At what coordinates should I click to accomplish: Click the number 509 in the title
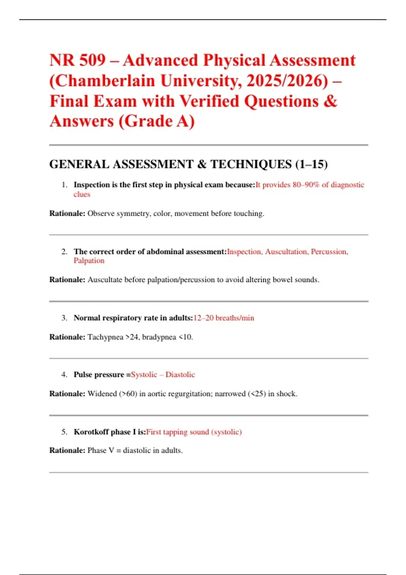tap(92, 61)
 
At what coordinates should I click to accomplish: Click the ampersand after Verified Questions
tap(330, 101)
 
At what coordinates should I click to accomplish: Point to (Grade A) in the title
tap(157, 121)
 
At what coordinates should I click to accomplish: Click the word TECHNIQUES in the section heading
tap(251, 164)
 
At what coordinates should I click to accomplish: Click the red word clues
tap(82, 194)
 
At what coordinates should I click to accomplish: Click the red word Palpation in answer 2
tap(89, 260)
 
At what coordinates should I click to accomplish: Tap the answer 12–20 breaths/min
tap(224, 318)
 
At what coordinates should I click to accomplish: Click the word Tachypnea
tap(105, 337)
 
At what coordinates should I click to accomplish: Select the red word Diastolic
tap(180, 374)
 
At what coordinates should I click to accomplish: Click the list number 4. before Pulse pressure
tap(64, 374)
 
